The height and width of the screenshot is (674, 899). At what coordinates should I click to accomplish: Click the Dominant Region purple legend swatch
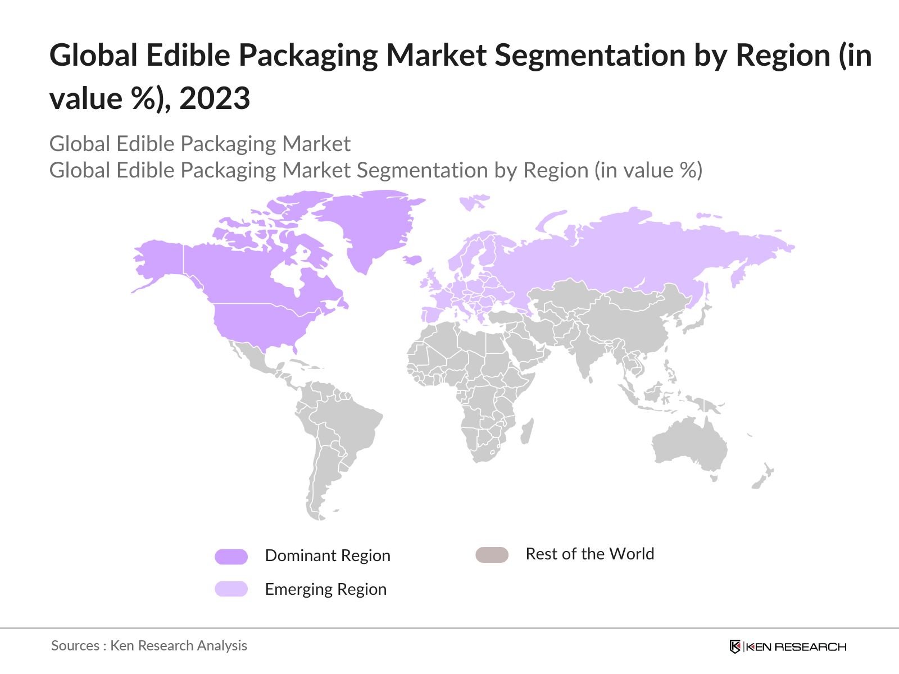231,557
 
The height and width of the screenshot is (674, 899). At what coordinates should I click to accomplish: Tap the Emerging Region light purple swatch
231,589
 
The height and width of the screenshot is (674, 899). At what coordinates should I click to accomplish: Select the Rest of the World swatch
492,555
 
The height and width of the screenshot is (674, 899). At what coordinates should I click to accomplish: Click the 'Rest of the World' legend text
589,554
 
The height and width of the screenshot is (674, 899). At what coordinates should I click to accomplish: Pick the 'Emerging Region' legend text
325,589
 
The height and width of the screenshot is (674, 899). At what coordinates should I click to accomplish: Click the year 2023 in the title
215,99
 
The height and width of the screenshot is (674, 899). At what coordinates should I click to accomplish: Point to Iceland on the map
413,259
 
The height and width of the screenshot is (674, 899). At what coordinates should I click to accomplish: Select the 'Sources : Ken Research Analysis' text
149,645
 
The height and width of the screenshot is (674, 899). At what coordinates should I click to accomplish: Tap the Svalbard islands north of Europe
473,201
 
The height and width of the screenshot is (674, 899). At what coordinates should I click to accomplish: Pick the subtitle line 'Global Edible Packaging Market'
199,144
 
